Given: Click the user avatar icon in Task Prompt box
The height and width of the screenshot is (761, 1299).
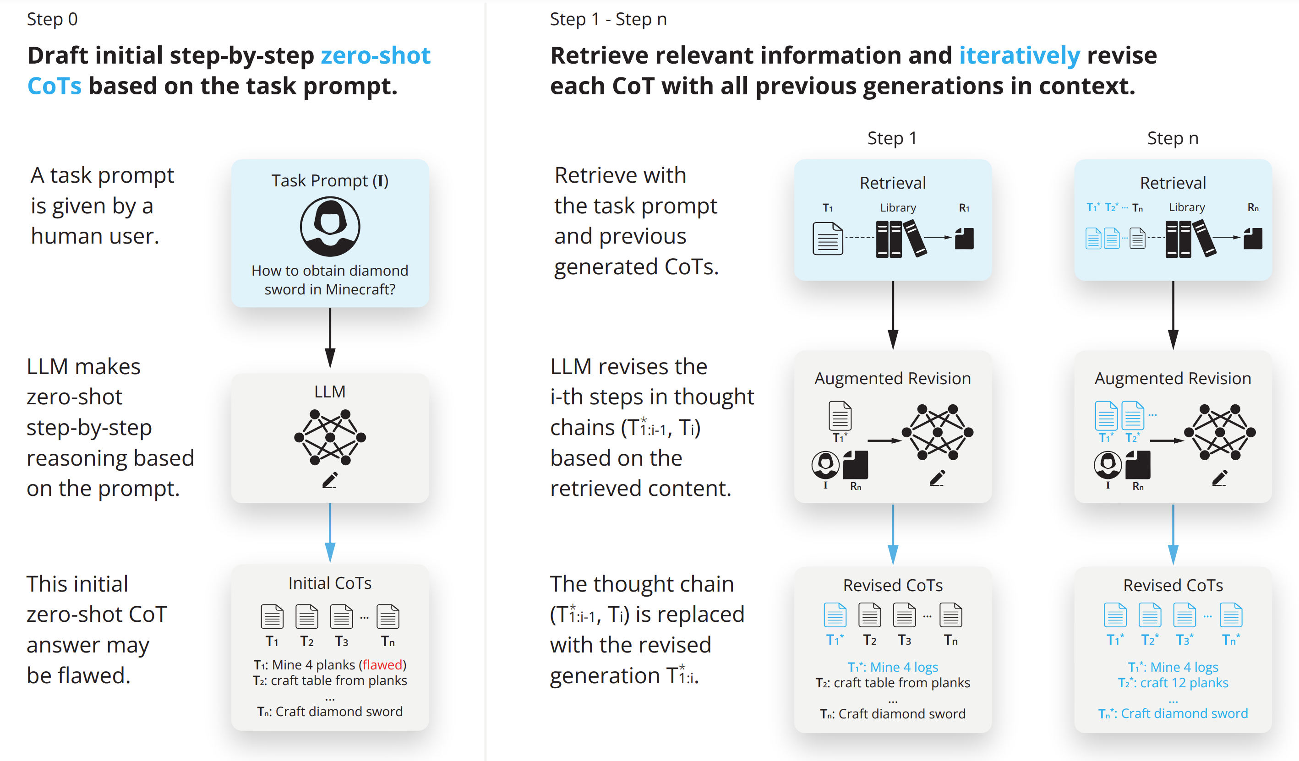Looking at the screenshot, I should [330, 227].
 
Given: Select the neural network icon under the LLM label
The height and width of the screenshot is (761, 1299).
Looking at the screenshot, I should [330, 437].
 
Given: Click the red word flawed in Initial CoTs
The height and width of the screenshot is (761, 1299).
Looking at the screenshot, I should [382, 665].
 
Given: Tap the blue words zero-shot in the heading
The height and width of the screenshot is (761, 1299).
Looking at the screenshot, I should [375, 55].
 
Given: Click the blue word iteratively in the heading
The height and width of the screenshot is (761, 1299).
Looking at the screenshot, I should [1019, 55].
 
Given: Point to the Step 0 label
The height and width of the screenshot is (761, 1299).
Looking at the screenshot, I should [52, 19].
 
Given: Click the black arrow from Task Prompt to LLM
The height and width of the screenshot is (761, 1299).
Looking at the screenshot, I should [330, 337].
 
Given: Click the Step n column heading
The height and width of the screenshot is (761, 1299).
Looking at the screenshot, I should [1172, 138].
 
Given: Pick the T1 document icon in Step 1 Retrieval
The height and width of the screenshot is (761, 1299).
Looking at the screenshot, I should [827, 238].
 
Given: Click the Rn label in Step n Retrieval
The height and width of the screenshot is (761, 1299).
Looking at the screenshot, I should [1253, 207].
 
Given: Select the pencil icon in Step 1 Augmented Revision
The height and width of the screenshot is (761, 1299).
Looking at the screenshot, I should [937, 478].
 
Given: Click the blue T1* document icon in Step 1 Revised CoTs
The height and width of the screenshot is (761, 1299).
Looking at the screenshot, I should [835, 614].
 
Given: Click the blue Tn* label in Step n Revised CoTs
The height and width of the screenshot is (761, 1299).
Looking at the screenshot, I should [1231, 640].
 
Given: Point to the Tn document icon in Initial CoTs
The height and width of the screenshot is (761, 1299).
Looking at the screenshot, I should [388, 616].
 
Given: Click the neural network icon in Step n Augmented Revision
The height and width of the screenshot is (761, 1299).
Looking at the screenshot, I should [1219, 432].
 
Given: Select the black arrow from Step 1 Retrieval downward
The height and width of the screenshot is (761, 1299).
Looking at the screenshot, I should [893, 315].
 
